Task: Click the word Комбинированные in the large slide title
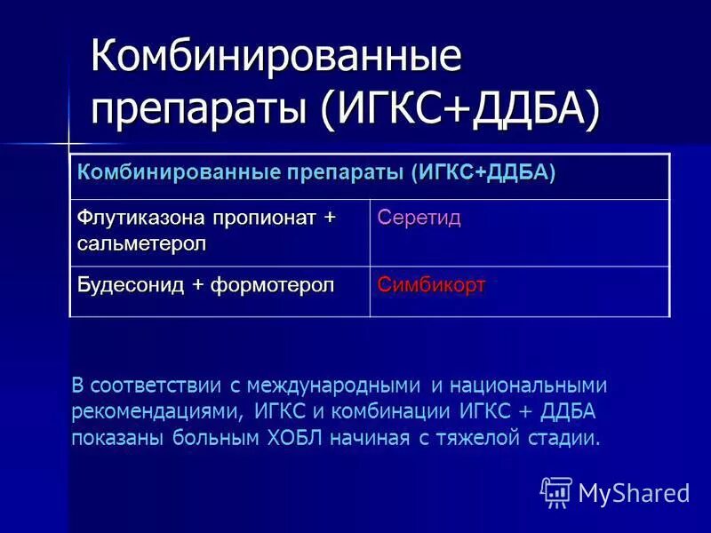[x=276, y=58]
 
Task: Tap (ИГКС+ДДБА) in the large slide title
[x=460, y=108]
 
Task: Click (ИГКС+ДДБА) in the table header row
[x=483, y=171]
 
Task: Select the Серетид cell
[x=419, y=219]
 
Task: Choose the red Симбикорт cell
[x=431, y=285]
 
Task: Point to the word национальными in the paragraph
[x=529, y=386]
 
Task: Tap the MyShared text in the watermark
[x=634, y=492]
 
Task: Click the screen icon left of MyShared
[x=556, y=491]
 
